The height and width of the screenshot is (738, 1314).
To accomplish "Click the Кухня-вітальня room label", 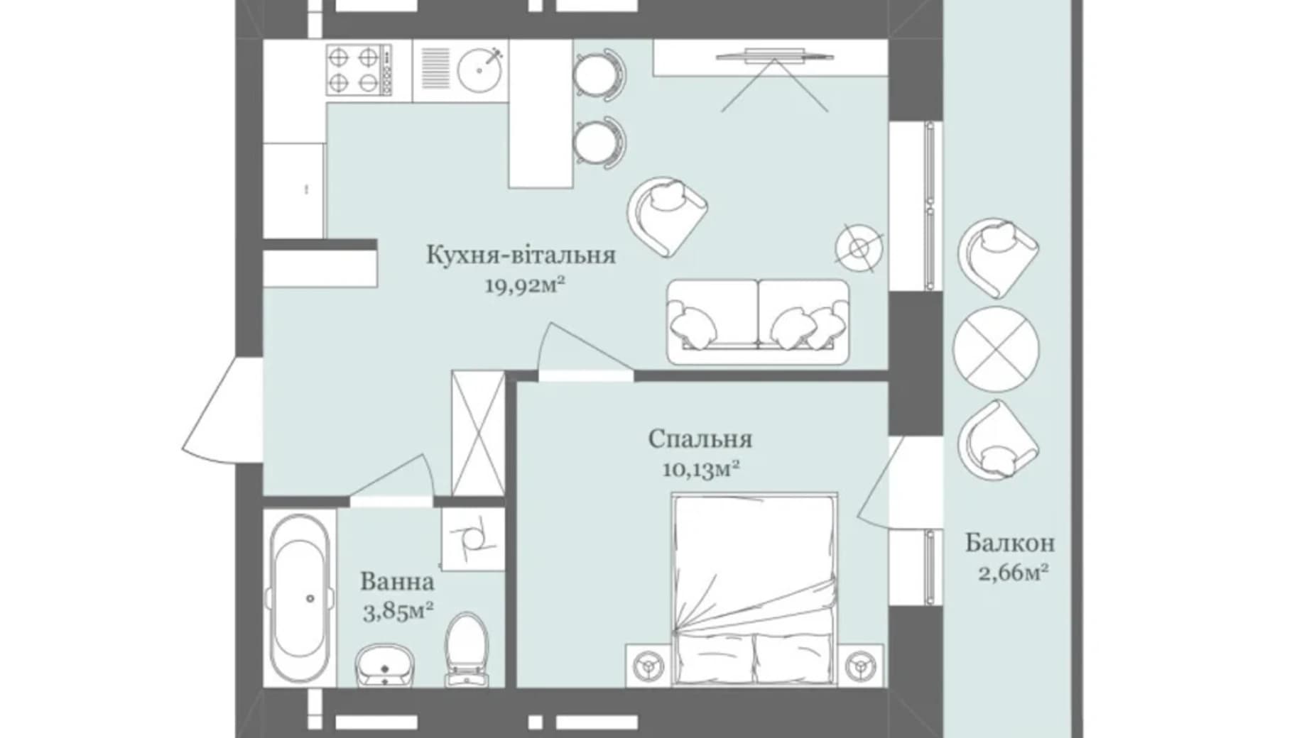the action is point(521,255).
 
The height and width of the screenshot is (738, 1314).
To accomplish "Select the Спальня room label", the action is point(700,439).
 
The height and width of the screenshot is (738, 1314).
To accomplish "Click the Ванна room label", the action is point(397,582).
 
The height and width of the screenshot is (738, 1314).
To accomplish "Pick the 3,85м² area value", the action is point(398,611).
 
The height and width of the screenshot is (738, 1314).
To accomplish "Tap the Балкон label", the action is point(1009,544).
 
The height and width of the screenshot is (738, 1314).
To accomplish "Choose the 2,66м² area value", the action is point(1014,572).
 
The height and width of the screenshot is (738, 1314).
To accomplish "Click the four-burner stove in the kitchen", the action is point(359,70).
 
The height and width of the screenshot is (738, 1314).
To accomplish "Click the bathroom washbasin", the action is point(385,666).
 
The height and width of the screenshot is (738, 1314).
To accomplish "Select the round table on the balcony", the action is point(996,349).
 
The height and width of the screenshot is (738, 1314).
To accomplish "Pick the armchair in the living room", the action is point(667,216).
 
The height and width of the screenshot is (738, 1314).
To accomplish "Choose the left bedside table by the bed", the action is point(648,665).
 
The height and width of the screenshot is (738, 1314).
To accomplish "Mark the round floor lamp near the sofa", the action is point(859,248).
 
